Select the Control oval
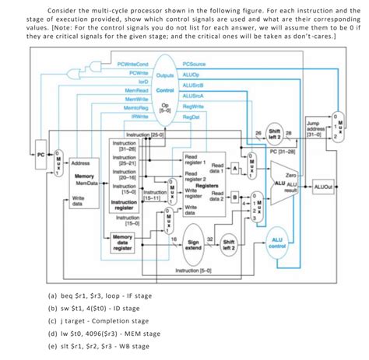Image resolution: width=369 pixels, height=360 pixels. [164, 89]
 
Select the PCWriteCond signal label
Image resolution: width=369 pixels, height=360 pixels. [132, 65]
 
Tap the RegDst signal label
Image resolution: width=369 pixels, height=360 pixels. [192, 117]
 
